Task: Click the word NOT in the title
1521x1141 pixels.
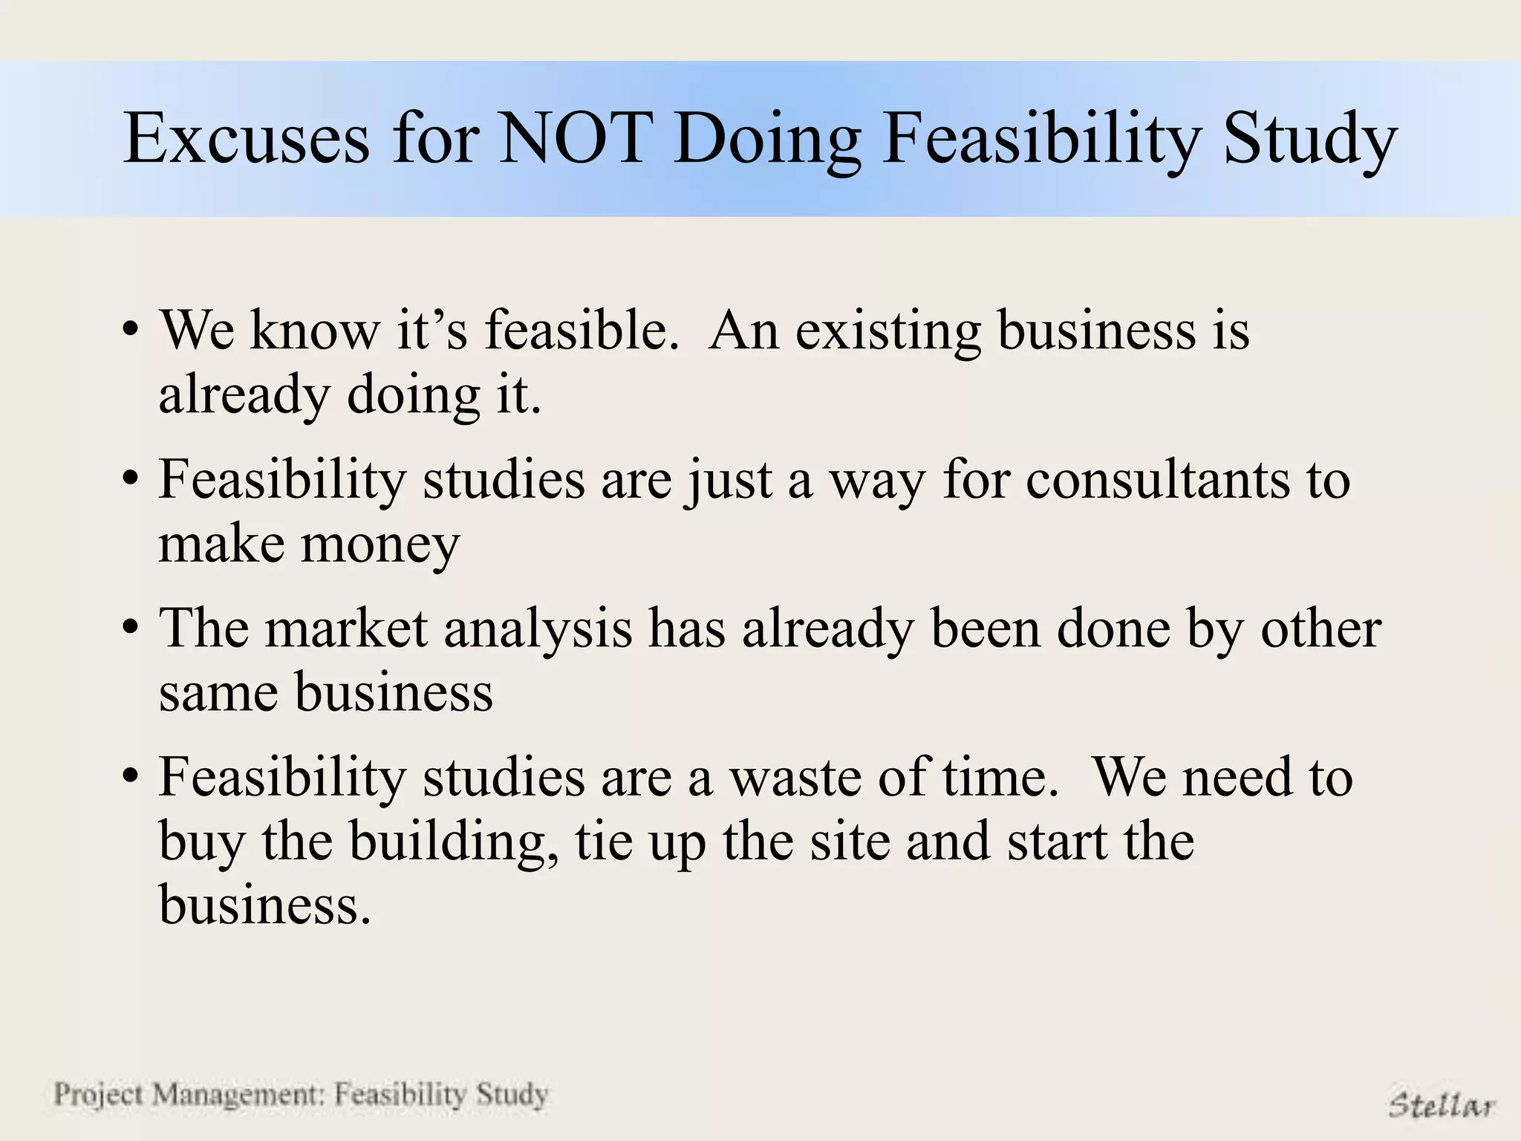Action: (573, 139)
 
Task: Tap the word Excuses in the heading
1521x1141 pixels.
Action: (246, 139)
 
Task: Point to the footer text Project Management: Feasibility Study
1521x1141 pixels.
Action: (301, 1094)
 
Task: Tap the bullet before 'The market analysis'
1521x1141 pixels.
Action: (131, 628)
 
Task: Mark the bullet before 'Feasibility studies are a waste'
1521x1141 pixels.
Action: (131, 777)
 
